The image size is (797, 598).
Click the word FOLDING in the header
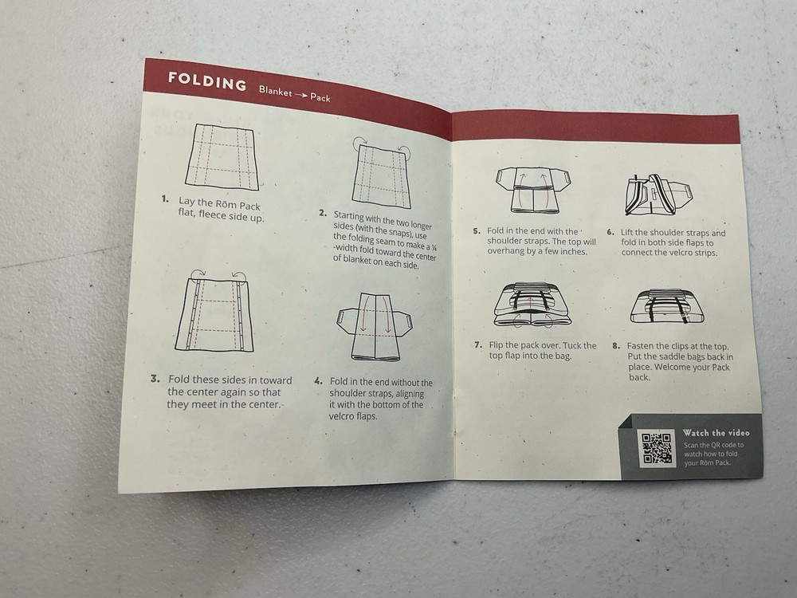(x=206, y=83)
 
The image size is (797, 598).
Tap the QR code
(x=657, y=448)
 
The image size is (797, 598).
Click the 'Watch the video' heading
(x=716, y=433)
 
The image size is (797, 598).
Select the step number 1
(x=165, y=199)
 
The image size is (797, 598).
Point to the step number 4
(x=318, y=382)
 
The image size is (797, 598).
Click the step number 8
(x=616, y=346)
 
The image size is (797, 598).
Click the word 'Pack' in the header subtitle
(x=320, y=99)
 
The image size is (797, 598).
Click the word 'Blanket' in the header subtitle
(x=276, y=91)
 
